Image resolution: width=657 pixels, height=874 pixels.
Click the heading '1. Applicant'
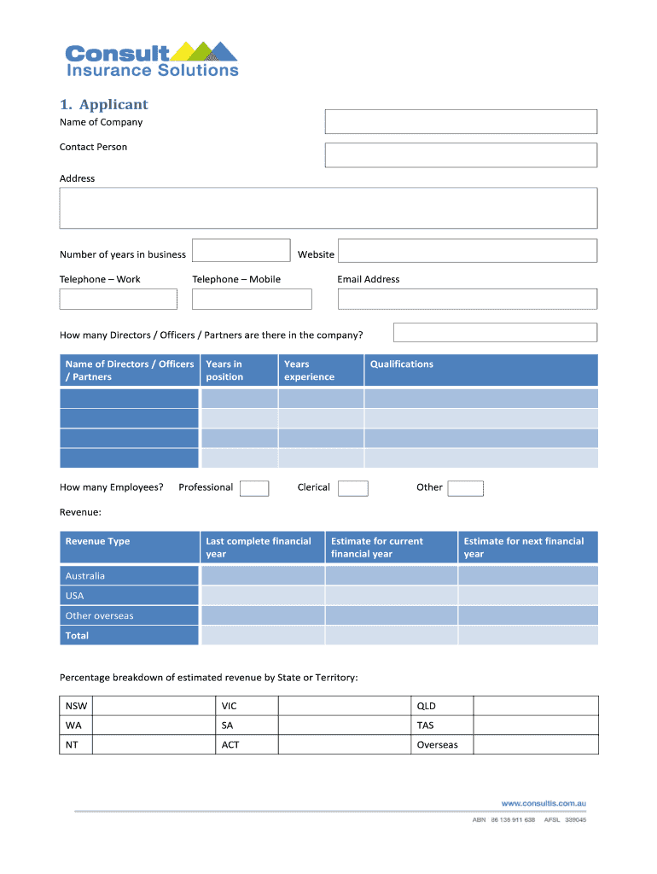[x=103, y=104]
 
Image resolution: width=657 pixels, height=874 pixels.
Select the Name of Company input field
[x=461, y=122]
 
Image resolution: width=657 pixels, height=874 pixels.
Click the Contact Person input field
[x=461, y=155]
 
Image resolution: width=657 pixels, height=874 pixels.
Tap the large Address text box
[x=328, y=208]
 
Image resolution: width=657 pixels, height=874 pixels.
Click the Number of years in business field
[x=241, y=251]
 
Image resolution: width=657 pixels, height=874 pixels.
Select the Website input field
[x=468, y=251]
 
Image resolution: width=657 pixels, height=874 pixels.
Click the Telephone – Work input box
[x=118, y=299]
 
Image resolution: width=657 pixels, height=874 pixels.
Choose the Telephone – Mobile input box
[x=252, y=299]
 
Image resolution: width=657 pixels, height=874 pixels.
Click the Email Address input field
[x=468, y=299]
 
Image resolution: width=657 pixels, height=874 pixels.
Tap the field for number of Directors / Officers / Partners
[x=495, y=332]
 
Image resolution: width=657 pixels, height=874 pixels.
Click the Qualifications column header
[x=402, y=364]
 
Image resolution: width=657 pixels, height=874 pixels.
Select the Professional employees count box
[x=254, y=488]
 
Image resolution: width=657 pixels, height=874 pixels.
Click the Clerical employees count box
[x=353, y=488]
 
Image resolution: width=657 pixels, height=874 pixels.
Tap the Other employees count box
[x=466, y=488]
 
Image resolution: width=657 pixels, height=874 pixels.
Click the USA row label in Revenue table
[x=75, y=596]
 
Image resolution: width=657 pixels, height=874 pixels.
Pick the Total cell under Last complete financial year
[x=262, y=636]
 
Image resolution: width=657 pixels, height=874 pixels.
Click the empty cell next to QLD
[x=535, y=706]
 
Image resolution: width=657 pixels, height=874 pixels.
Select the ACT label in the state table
[x=230, y=745]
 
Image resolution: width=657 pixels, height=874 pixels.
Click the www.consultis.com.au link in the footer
[x=544, y=803]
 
